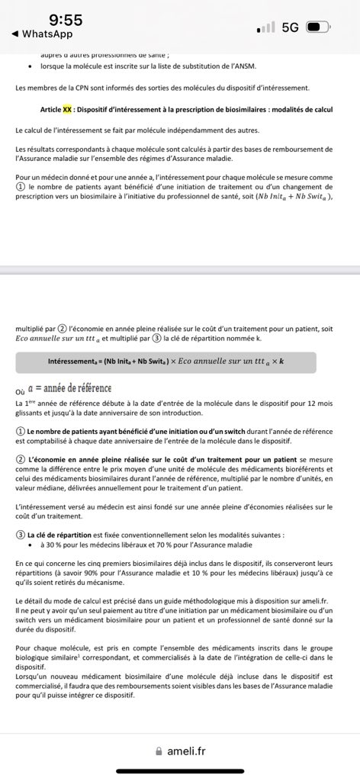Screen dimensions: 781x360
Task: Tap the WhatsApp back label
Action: (x=43, y=34)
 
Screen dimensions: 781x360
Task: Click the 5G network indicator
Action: (x=290, y=27)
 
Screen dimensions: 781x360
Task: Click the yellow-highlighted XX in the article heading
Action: (x=67, y=109)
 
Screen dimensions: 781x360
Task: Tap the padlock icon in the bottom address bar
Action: (x=159, y=750)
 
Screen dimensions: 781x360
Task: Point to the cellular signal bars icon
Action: (x=266, y=27)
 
